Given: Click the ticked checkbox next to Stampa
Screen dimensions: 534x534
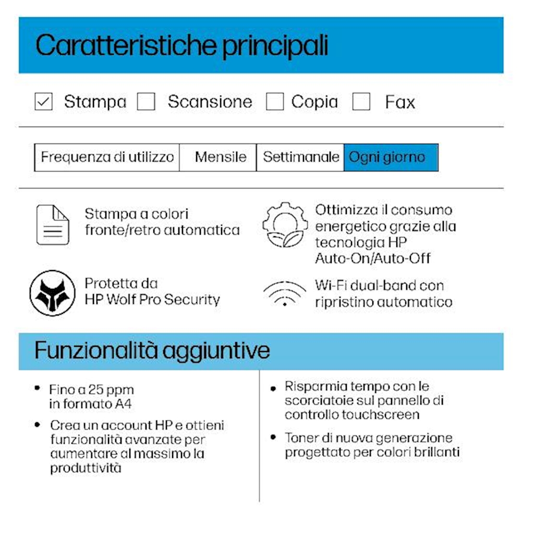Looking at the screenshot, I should [43, 102].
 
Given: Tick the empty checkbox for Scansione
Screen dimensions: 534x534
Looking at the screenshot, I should [146, 102].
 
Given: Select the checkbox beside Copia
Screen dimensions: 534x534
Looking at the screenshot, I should [275, 102].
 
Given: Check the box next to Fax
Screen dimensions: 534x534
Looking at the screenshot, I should [361, 102].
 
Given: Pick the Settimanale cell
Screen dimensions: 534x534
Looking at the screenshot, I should [300, 157].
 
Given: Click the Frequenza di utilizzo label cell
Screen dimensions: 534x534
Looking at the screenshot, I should [107, 157].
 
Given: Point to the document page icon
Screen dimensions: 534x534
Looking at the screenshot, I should [52, 225].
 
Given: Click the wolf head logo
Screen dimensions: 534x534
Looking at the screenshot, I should [52, 293].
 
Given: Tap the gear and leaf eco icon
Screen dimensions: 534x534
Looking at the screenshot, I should [285, 224].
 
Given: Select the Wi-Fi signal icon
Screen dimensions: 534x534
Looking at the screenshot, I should [285, 293].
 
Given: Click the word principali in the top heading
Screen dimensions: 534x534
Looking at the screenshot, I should [275, 46].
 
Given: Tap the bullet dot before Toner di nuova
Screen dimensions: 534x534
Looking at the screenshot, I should [273, 437].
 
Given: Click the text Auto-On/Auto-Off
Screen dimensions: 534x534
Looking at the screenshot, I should [373, 258].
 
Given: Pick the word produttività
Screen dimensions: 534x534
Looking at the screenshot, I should [86, 468].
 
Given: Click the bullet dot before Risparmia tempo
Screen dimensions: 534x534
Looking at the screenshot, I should [273, 389].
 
